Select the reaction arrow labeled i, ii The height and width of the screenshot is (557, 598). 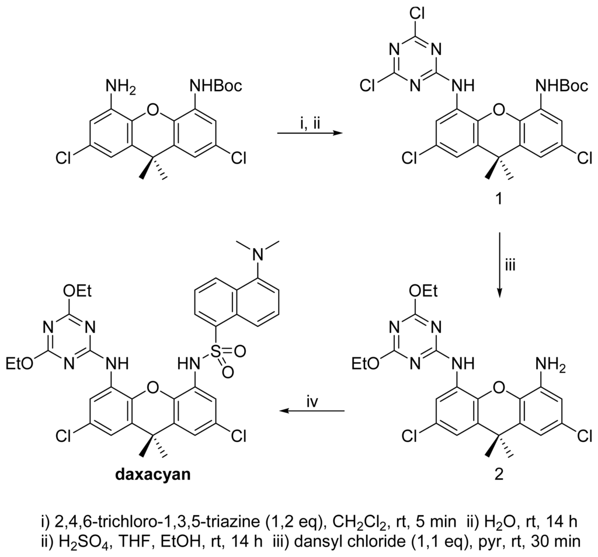310,134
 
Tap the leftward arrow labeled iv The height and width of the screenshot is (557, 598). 312,412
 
